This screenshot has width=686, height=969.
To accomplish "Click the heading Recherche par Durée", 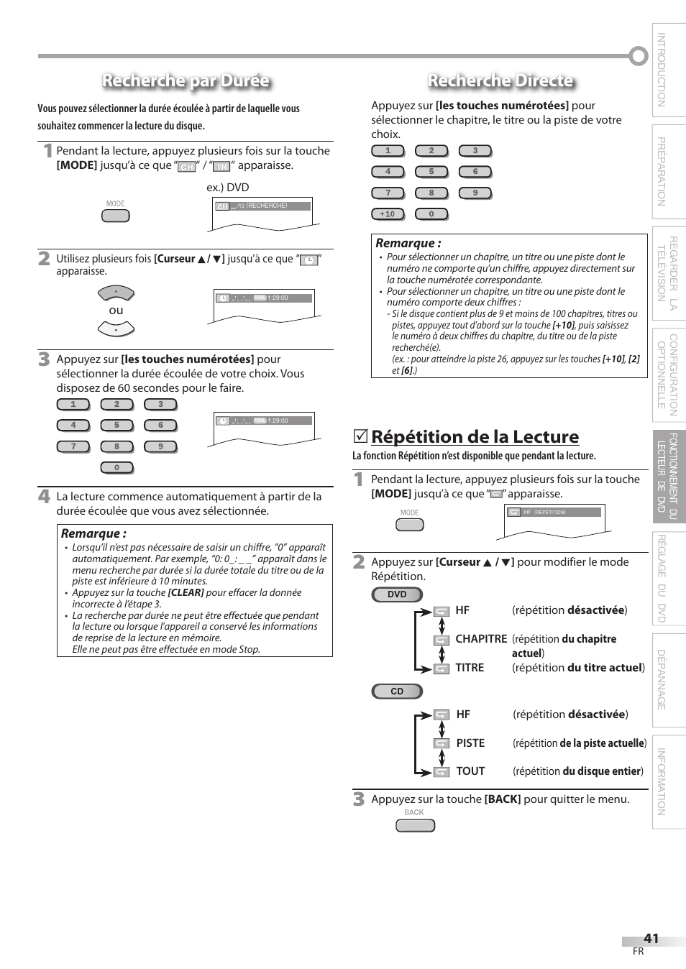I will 186,81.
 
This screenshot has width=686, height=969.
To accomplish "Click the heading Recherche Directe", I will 500,81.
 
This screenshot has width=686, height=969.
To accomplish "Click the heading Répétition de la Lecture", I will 475,437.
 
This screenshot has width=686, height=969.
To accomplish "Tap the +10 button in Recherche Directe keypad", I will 388,213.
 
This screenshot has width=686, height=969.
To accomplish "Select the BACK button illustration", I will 415,825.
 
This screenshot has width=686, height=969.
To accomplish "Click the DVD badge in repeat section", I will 397,594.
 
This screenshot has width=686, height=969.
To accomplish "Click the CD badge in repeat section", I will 397,692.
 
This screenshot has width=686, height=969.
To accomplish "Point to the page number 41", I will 651,938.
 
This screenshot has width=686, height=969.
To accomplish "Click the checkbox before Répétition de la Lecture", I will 360,436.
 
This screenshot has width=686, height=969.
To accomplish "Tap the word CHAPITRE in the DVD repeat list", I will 480,639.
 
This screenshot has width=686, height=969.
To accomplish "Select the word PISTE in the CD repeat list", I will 470,743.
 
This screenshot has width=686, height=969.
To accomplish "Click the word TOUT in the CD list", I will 470,771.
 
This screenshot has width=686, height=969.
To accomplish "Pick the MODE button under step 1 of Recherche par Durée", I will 116,215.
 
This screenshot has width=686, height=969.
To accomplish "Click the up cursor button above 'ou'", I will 116,293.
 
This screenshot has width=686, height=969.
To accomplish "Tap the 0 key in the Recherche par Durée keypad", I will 116,468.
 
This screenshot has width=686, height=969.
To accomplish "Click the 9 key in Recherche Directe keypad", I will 475,193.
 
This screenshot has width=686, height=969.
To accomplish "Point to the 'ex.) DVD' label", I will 227,187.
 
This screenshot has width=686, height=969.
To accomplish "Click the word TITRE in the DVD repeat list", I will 470,668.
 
